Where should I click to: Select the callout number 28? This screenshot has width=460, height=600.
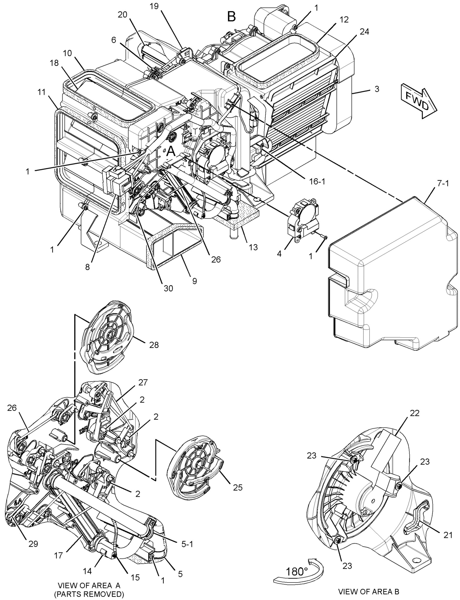pos(154,345)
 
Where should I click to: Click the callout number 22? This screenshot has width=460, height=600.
pos(415,413)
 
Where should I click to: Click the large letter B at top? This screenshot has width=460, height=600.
pos(231,17)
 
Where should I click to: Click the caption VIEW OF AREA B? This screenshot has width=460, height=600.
pos(369,589)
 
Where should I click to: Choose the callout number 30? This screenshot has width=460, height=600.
pos(168,288)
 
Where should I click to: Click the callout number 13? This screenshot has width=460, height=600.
pos(253,247)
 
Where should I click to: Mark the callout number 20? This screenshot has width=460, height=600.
pos(122,15)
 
